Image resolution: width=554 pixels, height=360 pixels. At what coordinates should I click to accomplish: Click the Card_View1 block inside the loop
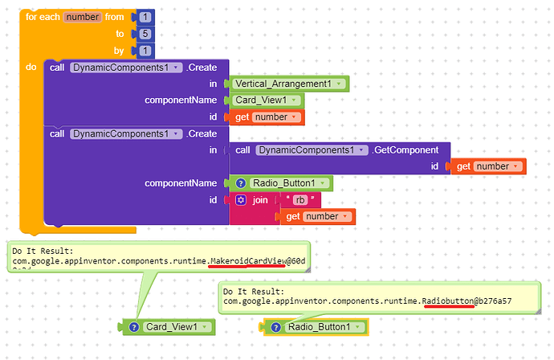[265, 100]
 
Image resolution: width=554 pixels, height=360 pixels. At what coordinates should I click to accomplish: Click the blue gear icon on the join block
[240, 199]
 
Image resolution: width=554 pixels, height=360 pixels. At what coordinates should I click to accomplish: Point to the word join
[260, 199]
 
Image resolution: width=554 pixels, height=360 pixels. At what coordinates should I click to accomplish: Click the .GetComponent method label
[406, 149]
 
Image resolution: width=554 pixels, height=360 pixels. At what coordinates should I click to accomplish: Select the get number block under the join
[317, 216]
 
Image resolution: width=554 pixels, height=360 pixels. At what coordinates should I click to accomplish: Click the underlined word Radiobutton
[448, 301]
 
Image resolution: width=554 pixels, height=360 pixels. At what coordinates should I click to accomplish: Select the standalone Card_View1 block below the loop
[169, 327]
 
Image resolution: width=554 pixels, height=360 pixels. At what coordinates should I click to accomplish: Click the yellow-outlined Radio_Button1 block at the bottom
[315, 327]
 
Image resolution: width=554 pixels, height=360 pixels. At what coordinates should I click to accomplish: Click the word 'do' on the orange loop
[31, 67]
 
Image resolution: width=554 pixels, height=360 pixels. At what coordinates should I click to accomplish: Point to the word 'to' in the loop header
[120, 34]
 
